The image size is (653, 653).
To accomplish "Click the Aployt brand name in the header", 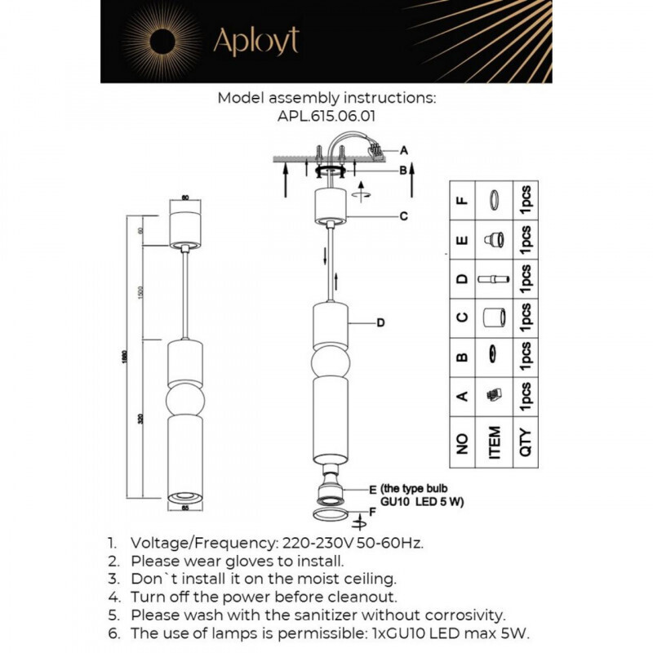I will point(255,41).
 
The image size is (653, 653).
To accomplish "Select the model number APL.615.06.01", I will point(326,116).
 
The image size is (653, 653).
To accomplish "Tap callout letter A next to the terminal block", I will point(402,150).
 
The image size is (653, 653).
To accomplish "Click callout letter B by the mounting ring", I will point(402,171).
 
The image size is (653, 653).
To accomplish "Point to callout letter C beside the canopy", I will point(402,216).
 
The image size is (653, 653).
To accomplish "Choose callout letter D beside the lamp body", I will point(380,323).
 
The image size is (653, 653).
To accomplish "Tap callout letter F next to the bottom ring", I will point(371,513).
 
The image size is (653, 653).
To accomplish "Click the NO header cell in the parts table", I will point(463,443).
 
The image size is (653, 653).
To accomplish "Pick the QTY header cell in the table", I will point(526,443).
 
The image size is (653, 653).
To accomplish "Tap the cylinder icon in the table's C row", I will point(493,317).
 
